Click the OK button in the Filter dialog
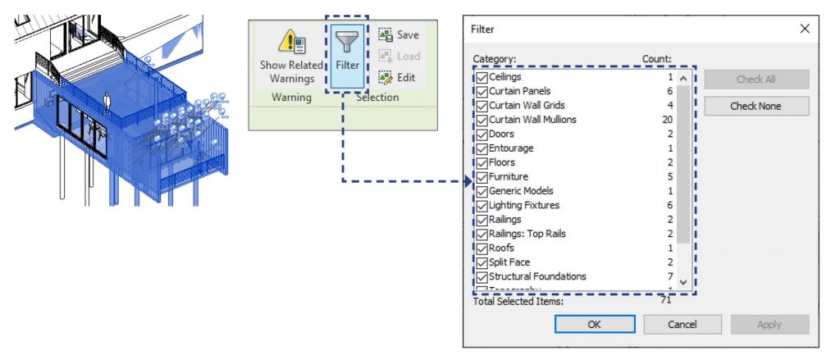tap(594, 324)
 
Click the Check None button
tap(756, 106)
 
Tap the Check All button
tap(756, 80)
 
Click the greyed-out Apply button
tap(769, 324)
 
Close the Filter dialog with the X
tap(805, 29)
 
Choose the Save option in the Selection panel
tap(399, 35)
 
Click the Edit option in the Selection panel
tap(399, 78)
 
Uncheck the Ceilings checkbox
tap(482, 77)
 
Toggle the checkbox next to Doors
tap(482, 134)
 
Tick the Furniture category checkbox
tap(482, 177)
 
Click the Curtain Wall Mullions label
tap(532, 120)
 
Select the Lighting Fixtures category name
tap(524, 205)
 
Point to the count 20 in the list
tap(668, 120)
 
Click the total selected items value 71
tap(667, 301)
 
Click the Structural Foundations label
tap(537, 276)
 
